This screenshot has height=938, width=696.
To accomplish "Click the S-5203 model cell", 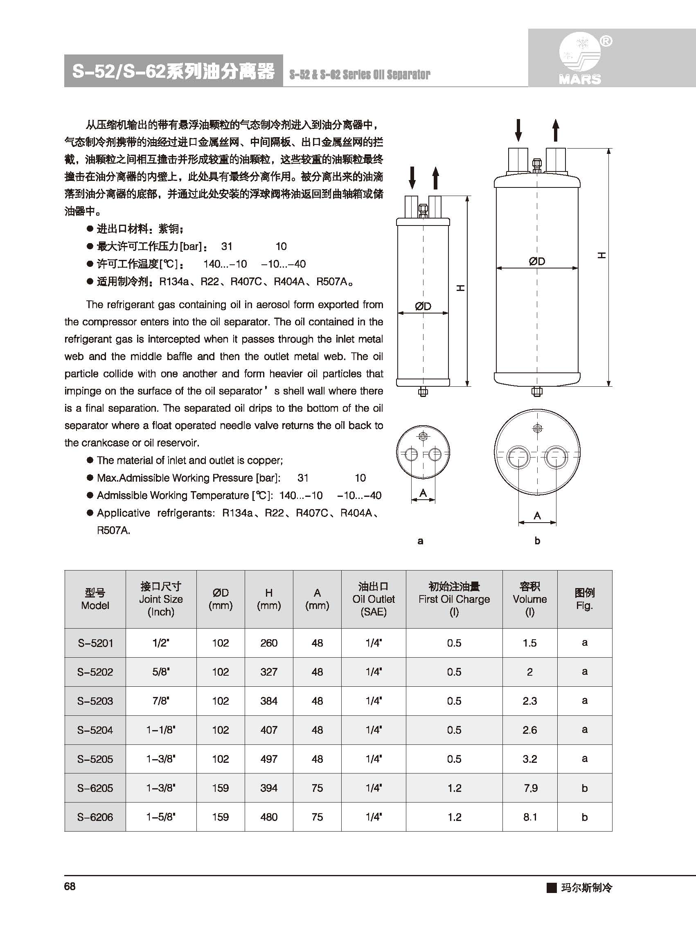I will (95, 701).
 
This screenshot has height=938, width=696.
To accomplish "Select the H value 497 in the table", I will (269, 759).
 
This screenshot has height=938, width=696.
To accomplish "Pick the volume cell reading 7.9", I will (530, 788).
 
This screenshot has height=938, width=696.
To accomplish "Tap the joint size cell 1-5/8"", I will (161, 817).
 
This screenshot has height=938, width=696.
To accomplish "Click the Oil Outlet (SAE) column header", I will (374, 599).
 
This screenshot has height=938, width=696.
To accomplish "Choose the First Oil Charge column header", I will (454, 599).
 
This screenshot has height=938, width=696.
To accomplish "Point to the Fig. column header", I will (584, 599).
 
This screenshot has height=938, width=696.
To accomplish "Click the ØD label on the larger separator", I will (537, 261).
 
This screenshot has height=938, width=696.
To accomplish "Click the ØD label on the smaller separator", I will (423, 307).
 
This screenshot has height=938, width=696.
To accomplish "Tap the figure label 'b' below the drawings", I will (537, 541).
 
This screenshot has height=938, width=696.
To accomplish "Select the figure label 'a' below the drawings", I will (420, 541).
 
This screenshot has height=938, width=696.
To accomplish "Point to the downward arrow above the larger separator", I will (519, 130).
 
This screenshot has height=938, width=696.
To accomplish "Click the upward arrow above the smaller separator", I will (436, 178).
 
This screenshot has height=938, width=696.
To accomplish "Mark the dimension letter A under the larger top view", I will (537, 515).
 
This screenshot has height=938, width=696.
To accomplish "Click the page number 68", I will (70, 886).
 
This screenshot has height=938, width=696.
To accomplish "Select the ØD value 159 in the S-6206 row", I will (221, 817).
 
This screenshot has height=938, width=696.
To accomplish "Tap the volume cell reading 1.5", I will (530, 643).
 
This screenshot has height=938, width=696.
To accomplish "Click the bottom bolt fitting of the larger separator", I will (537, 392).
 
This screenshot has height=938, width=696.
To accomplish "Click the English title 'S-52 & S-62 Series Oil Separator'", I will (359, 75).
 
